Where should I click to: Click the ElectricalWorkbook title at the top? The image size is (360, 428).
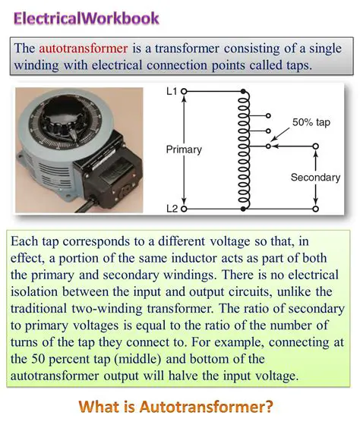pos(87,17)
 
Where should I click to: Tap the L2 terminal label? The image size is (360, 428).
pos(172,207)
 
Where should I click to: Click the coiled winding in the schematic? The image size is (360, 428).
pos(244,149)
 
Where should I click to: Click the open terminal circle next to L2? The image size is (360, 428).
pos(184,207)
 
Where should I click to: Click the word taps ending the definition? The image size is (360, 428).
pos(294,65)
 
